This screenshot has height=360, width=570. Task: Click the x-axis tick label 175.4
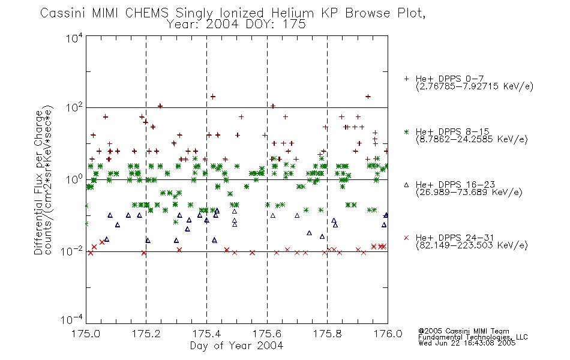point(206,334)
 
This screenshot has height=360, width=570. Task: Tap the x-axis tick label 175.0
point(86,334)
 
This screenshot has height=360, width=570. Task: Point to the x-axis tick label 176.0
point(388,334)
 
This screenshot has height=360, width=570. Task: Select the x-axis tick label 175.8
point(327,334)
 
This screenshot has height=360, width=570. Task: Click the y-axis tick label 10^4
point(74,38)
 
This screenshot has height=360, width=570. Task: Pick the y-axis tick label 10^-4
point(72,319)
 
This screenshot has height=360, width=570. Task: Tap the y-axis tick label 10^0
point(74,179)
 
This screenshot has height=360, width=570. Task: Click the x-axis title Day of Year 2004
point(236,346)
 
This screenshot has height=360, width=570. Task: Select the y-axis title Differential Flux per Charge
point(38,182)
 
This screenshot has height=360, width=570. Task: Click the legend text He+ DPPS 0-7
point(449,79)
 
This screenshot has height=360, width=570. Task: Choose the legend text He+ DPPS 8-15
point(452,131)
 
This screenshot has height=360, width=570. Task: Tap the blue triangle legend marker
point(406,185)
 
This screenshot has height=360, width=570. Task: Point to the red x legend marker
point(406,238)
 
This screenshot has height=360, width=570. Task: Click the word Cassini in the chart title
point(62,13)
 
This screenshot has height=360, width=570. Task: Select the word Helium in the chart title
point(292,13)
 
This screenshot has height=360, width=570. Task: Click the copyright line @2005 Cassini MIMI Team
point(464,331)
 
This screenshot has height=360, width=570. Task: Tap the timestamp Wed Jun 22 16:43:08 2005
point(467,343)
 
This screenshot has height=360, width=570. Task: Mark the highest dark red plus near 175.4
point(213,97)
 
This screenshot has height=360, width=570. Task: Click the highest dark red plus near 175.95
point(368,97)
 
